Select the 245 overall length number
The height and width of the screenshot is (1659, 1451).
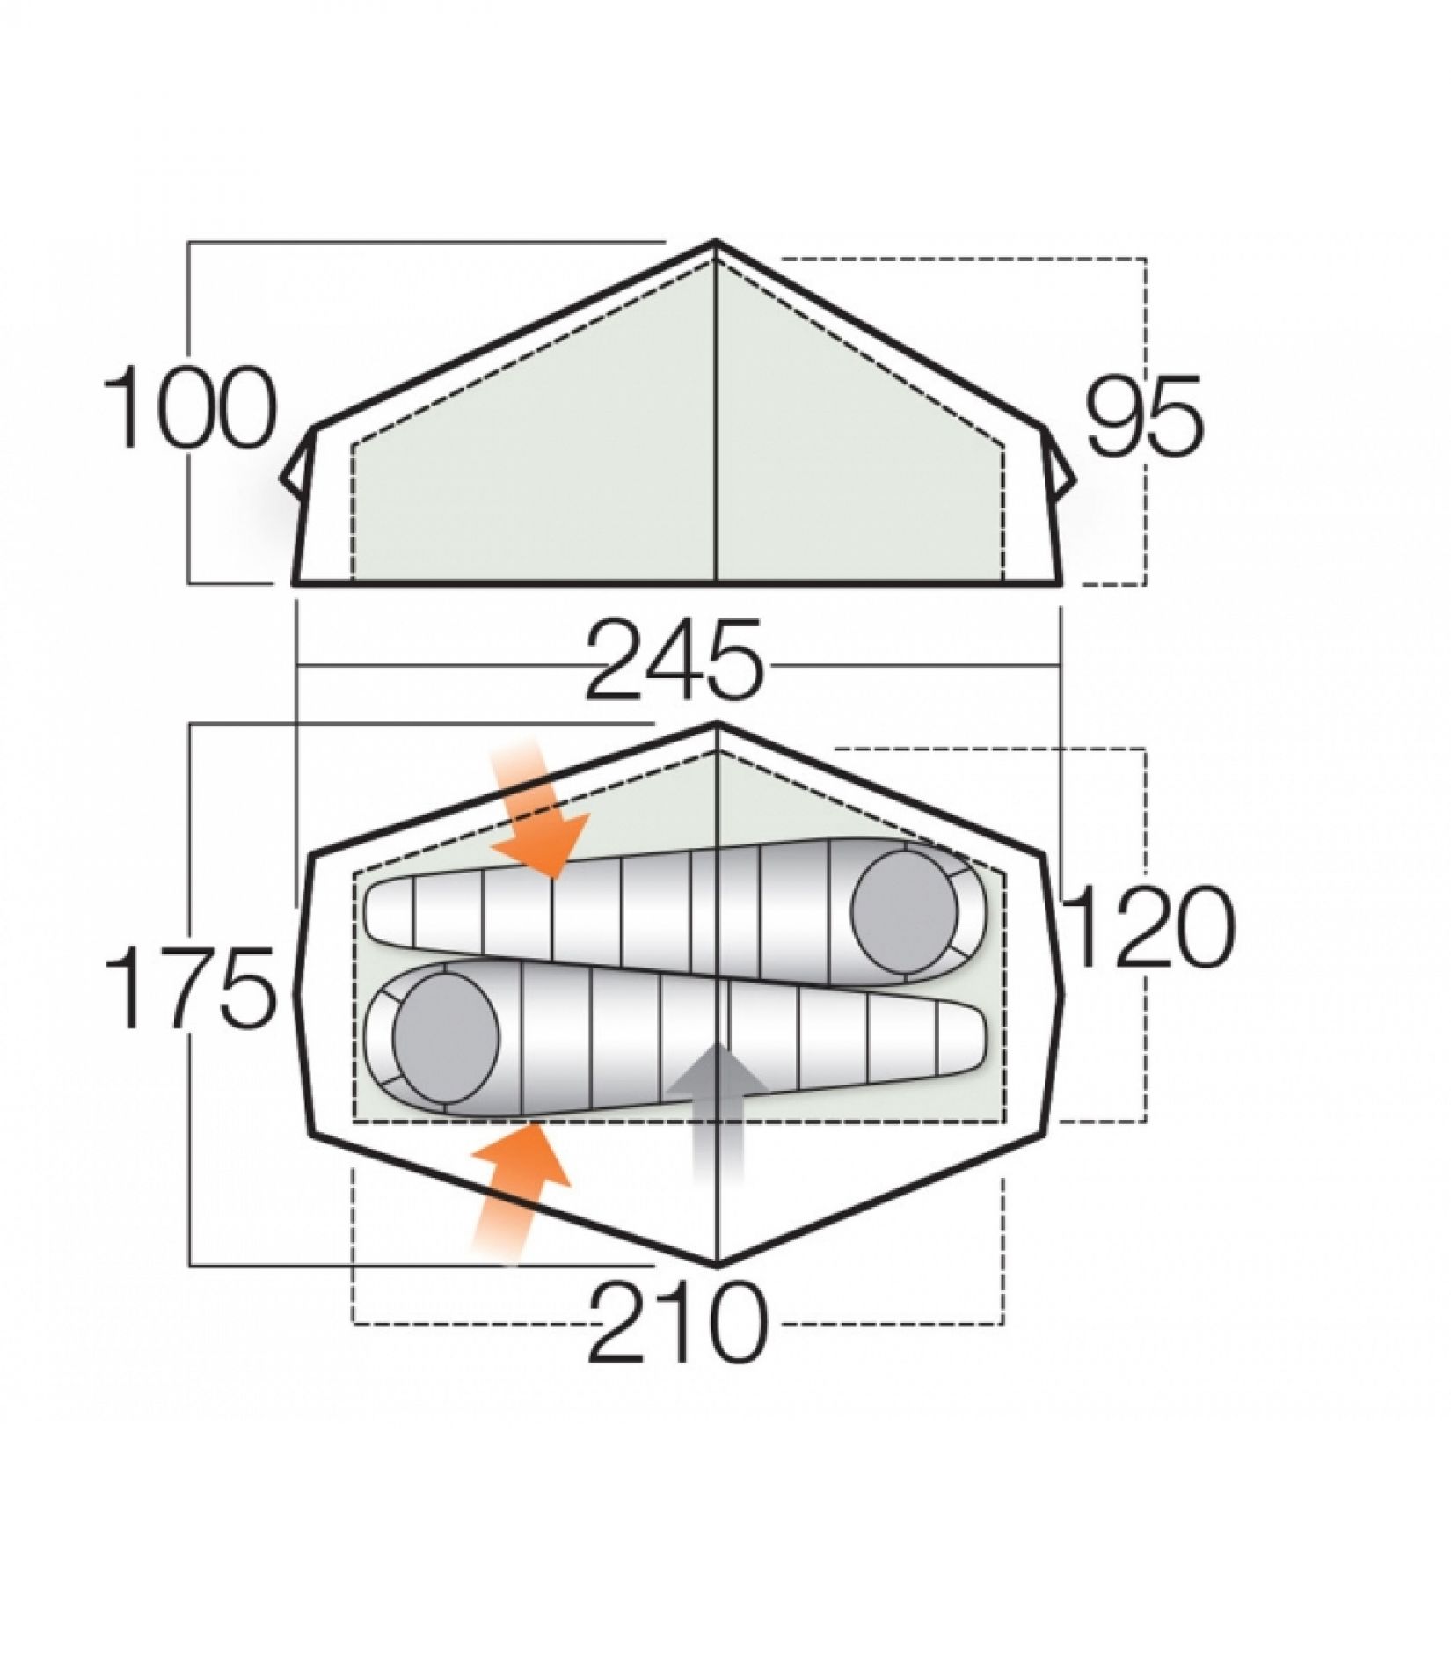click(x=674, y=663)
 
